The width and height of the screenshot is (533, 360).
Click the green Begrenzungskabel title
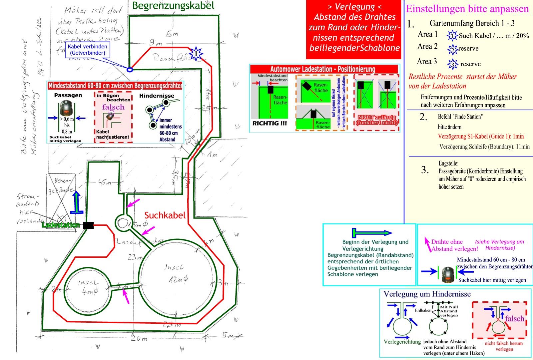tap(173, 6)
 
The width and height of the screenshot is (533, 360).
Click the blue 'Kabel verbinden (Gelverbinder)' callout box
tap(87, 50)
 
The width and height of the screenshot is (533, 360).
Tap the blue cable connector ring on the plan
tap(130, 70)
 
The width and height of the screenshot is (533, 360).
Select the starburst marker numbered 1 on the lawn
tap(196, 53)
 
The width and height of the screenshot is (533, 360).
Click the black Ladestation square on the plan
tap(88, 225)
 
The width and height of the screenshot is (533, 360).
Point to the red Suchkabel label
tap(165, 215)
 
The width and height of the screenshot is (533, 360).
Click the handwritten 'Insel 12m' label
tap(175, 273)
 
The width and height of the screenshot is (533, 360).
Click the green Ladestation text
tap(61, 225)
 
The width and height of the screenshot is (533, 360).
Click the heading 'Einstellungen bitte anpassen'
tap(467, 9)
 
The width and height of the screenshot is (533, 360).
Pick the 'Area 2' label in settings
tap(427, 47)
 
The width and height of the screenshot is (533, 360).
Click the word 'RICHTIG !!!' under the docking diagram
tap(269, 123)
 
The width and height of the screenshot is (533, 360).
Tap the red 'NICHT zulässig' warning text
tap(376, 120)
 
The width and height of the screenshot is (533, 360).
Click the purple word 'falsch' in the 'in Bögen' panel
tap(113, 107)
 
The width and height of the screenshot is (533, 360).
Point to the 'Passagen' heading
tap(68, 95)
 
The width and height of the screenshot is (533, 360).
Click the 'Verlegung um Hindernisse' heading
tap(427, 294)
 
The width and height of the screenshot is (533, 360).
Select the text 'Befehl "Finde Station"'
tap(460, 117)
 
